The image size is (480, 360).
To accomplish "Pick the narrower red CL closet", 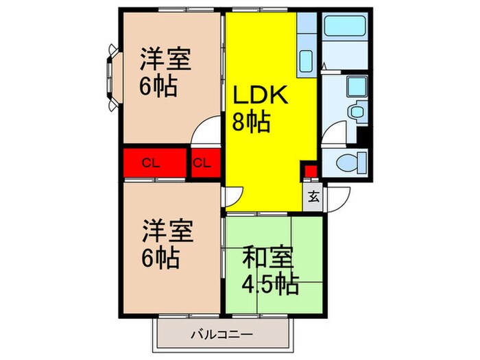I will pos(202,163).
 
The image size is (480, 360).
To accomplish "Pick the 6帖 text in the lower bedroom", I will pos(161,258).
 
